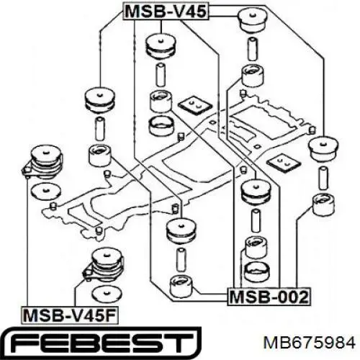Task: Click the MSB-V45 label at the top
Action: tap(166, 11)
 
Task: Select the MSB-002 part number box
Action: tap(269, 297)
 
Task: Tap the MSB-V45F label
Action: tap(70, 315)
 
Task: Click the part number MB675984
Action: tap(310, 343)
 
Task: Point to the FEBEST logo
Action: tap(102, 343)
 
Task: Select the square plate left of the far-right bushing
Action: tap(284, 162)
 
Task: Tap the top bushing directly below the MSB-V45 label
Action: tap(161, 47)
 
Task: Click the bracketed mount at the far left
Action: tap(42, 162)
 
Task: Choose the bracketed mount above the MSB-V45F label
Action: tap(104, 265)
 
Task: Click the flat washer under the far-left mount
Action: tap(46, 192)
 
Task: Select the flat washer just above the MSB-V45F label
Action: tap(107, 294)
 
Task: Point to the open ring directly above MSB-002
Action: tap(257, 272)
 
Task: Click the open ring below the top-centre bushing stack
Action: tap(161, 126)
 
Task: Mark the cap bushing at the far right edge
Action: tap(323, 149)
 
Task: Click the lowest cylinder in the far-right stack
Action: tap(324, 204)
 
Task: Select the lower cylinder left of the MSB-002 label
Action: tap(181, 287)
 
